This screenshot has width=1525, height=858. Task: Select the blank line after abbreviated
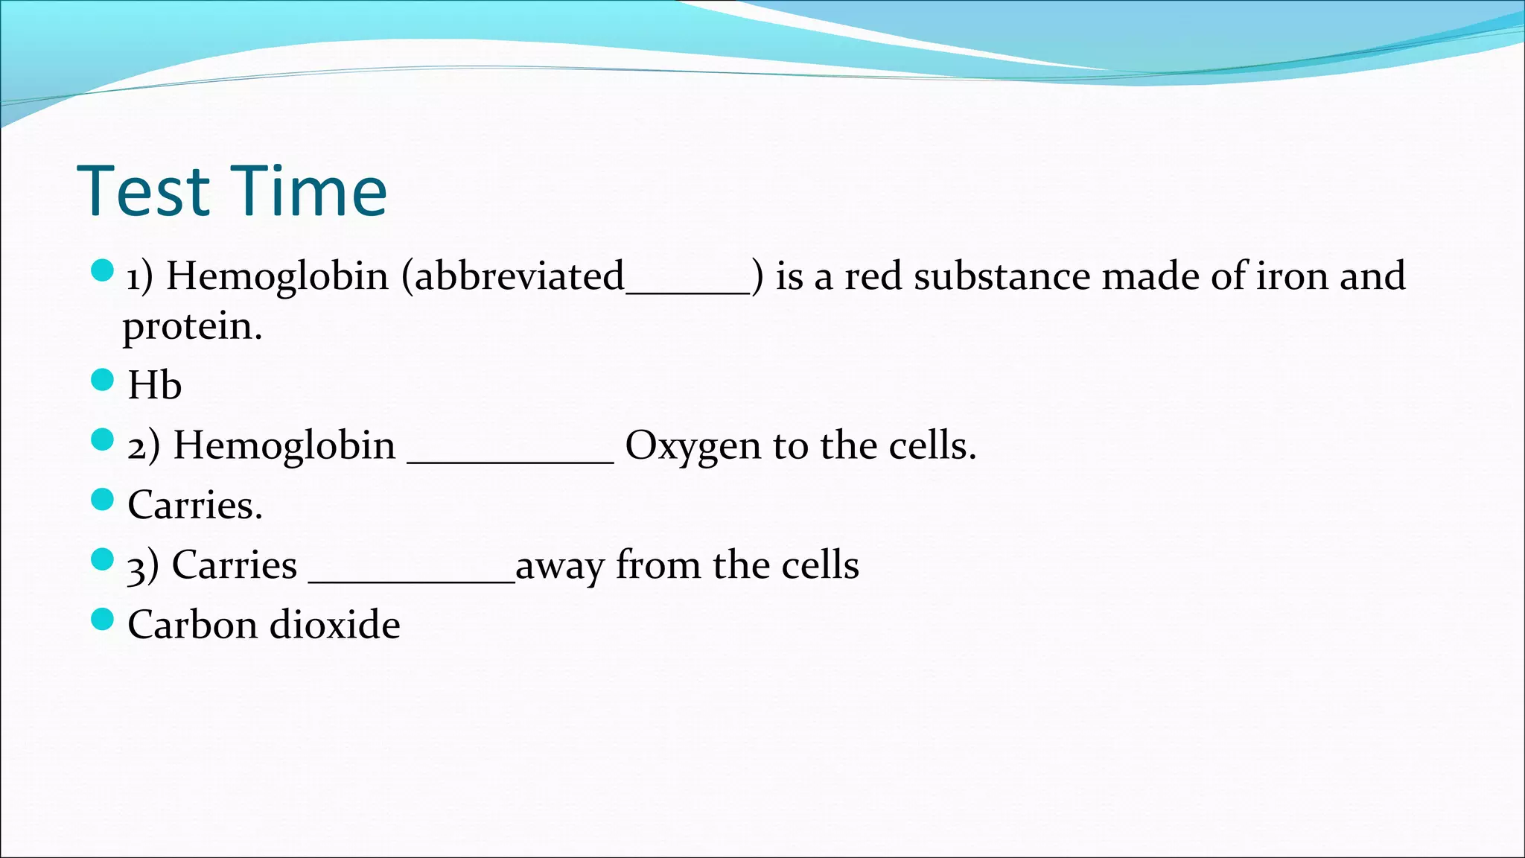coord(687,290)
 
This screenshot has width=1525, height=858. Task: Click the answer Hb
coord(154,386)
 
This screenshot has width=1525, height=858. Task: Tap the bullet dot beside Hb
coord(102,380)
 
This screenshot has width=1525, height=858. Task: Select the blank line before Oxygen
coord(510,460)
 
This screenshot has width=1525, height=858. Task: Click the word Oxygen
coord(693,446)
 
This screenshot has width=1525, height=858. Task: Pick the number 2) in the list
coord(143,446)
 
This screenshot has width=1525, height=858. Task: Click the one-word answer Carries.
coord(194,506)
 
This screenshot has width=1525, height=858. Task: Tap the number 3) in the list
coord(142,566)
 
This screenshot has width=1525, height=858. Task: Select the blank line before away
coord(411,579)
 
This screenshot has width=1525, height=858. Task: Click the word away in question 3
coord(559,566)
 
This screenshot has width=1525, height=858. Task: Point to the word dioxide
coord(334,625)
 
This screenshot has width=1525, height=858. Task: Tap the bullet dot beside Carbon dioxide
coord(102,619)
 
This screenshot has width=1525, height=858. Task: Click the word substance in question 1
coord(1002,276)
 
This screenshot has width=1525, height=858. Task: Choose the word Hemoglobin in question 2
coord(284,446)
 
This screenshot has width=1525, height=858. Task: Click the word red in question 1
coord(873,276)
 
